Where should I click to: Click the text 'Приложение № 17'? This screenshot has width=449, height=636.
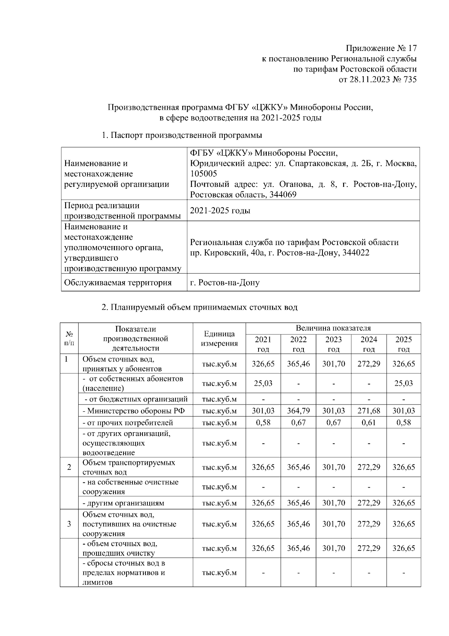381,48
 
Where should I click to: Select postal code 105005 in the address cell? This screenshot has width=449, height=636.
204,174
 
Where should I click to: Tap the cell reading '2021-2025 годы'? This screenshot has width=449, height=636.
220,211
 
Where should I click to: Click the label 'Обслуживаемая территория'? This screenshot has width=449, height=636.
118,282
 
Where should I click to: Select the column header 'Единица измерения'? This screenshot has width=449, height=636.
219,339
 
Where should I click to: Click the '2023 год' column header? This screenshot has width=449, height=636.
333,344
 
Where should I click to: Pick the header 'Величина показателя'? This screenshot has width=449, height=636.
333,328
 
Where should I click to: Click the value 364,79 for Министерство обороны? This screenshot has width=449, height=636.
298,411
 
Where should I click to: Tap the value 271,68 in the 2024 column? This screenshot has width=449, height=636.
369,411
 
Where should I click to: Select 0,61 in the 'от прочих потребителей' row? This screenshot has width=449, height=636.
369,423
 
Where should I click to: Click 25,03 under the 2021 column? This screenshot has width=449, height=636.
263,383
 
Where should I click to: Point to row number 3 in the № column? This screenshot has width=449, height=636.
69,524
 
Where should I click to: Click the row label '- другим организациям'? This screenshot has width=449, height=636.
123,503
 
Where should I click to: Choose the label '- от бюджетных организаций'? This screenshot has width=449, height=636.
136,399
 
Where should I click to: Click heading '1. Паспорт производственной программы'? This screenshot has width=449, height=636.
182,135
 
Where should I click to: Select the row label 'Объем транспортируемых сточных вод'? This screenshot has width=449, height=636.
129,467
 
